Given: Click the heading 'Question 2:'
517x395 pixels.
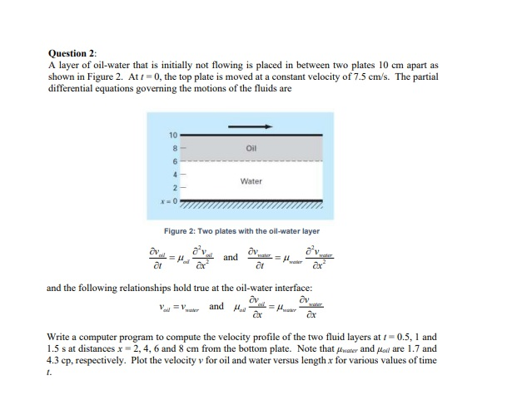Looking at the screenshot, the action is [x=72, y=52].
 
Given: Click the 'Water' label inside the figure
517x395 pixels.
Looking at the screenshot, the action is [x=251, y=180].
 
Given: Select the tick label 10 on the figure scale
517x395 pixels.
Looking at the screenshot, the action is [x=172, y=135].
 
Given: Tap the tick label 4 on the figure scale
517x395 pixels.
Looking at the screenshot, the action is [x=174, y=173].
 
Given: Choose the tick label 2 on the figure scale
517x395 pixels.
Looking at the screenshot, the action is [x=174, y=188].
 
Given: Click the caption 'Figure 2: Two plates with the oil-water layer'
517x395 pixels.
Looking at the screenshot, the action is [x=241, y=230].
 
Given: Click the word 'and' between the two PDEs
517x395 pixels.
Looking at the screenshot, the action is [x=231, y=257].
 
